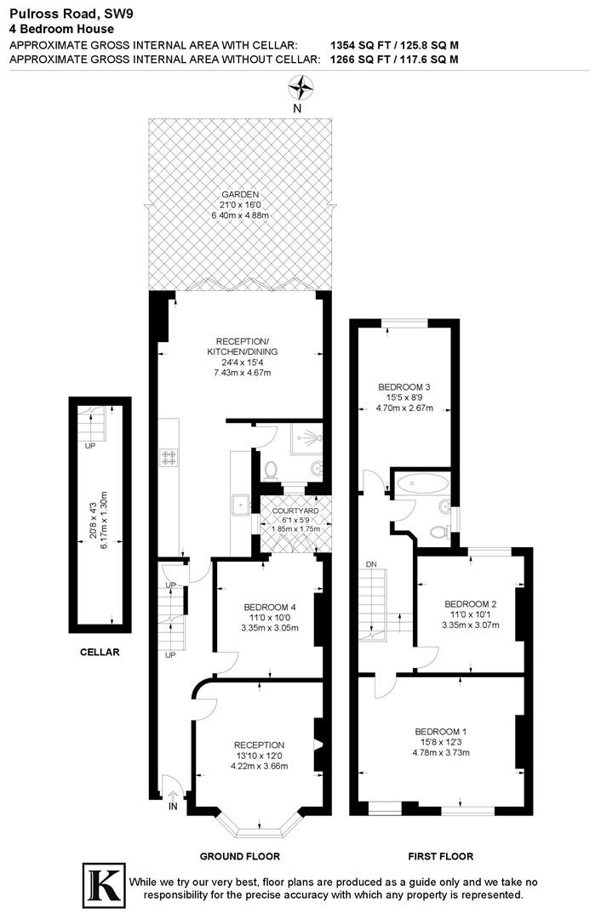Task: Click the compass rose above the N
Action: point(300,88)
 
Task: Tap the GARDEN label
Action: point(240,195)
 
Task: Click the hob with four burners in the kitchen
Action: point(169,458)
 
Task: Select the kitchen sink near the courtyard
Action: point(241,505)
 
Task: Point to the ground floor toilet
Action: point(271,470)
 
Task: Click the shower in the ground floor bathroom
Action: point(306,437)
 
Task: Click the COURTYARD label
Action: point(295,511)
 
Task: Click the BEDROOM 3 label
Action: point(404,387)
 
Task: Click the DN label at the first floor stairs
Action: point(371,564)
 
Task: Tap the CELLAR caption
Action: point(100,652)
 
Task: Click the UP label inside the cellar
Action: point(90,445)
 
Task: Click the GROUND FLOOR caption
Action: point(240,856)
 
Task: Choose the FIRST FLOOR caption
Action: point(441,856)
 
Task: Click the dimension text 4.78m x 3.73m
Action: point(441,752)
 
